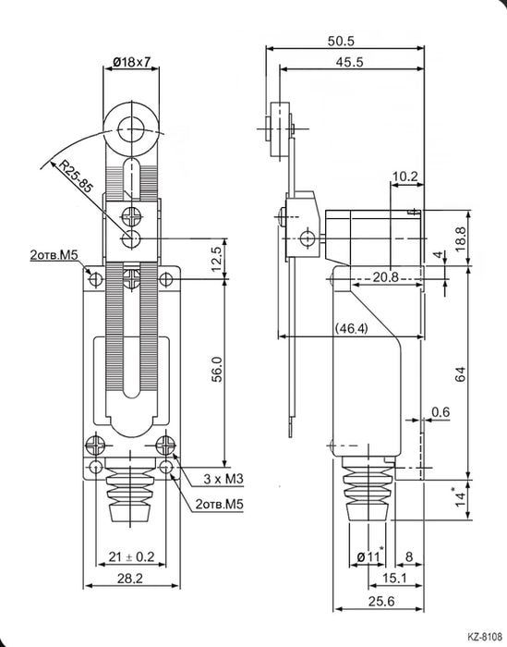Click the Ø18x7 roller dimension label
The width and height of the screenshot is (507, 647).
point(133,61)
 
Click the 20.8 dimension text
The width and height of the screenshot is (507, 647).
point(386,277)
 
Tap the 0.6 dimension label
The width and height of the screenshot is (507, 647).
point(441,412)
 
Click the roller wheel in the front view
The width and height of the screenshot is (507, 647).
point(131,127)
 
